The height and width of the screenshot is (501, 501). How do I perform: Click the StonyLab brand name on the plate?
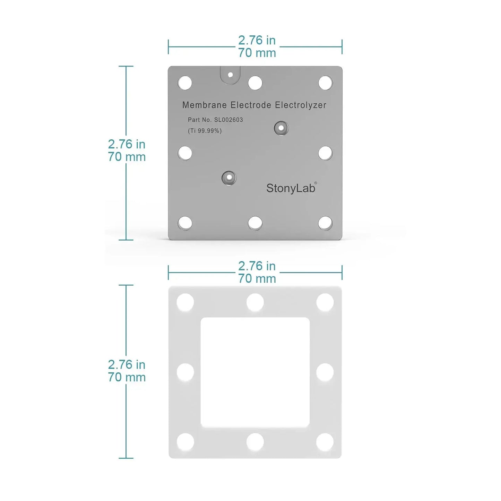pyautogui.click(x=291, y=188)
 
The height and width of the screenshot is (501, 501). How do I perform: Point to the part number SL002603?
pyautogui.click(x=228, y=120)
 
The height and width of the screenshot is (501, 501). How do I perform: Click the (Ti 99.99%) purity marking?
pyautogui.click(x=205, y=131)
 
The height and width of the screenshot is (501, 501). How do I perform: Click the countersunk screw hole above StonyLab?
pyautogui.click(x=281, y=128)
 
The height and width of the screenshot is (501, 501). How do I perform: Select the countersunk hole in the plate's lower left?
pyautogui.click(x=229, y=178)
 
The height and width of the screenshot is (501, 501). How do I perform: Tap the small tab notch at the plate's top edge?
pyautogui.click(x=230, y=75)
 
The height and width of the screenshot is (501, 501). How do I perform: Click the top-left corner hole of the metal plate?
pyautogui.click(x=185, y=83)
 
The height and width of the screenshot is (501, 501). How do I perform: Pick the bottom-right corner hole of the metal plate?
pyautogui.click(x=325, y=223)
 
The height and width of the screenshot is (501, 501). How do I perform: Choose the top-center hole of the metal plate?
pyautogui.click(x=255, y=83)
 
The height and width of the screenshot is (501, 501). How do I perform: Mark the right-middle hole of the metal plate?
pyautogui.click(x=325, y=153)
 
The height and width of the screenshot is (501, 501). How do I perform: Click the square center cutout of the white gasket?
pyautogui.click(x=255, y=372)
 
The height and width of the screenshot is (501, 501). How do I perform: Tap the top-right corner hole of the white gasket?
pyautogui.click(x=325, y=302)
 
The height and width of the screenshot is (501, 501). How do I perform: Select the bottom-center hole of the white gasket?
pyautogui.click(x=255, y=442)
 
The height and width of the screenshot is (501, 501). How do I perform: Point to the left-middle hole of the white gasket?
pyautogui.click(x=185, y=372)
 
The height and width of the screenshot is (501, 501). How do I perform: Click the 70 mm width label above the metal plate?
pyautogui.click(x=257, y=53)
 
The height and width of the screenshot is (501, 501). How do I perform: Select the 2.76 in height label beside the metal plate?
pyautogui.click(x=127, y=144)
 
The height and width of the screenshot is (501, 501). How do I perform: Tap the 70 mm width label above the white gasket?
pyautogui.click(x=257, y=279)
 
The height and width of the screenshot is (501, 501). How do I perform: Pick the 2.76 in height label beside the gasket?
pyautogui.click(x=127, y=365)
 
